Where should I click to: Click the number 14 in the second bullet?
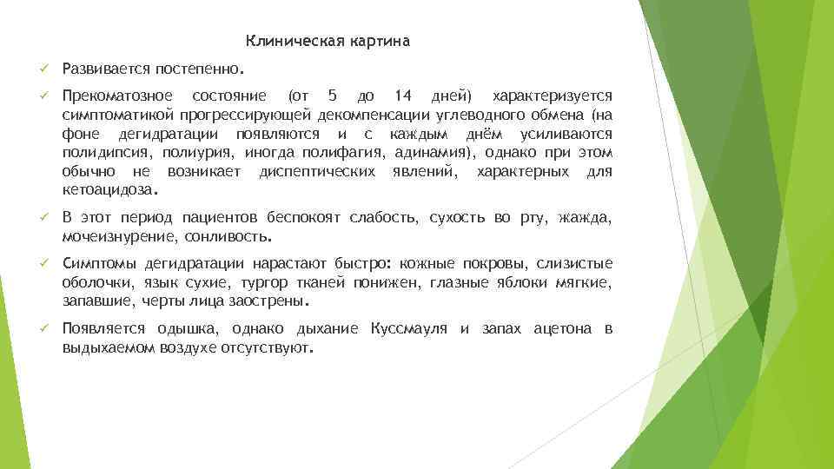403,95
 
